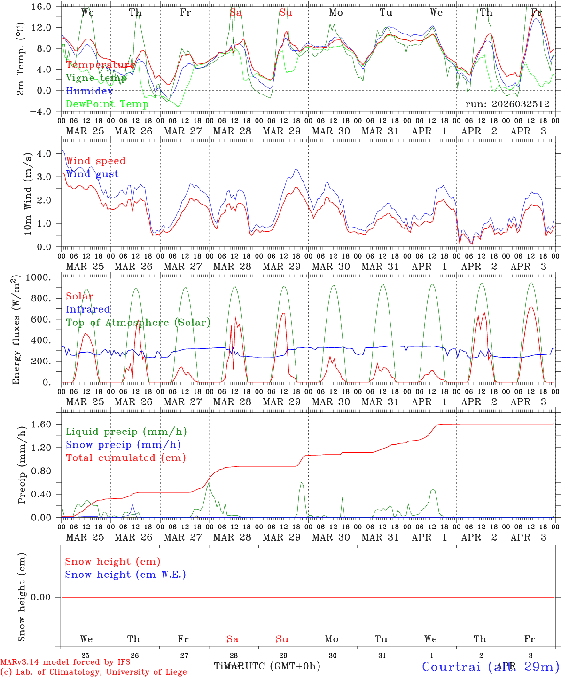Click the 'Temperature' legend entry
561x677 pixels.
point(101,65)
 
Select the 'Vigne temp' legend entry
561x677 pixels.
point(96,78)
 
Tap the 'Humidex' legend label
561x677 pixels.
point(89,91)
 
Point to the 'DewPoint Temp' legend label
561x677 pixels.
point(107,104)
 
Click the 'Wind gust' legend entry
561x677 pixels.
point(92,174)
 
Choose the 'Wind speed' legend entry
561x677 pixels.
point(96,161)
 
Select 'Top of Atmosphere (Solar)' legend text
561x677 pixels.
point(138,323)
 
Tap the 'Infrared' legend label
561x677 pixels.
point(88,309)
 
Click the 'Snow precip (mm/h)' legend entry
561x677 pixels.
point(123,445)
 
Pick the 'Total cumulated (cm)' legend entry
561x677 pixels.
point(125,457)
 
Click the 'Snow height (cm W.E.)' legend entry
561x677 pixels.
point(125,575)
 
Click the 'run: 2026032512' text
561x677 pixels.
point(507,104)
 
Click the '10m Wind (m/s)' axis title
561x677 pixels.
point(28,194)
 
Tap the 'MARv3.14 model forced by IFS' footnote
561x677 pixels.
point(65,662)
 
